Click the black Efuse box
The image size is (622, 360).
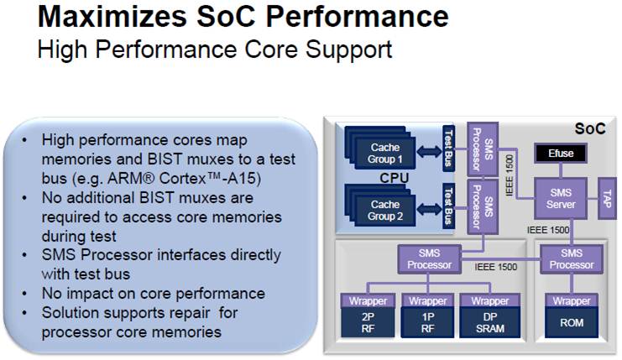click(561, 153)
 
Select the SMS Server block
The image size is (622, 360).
click(561, 199)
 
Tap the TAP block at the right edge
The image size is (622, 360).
click(607, 199)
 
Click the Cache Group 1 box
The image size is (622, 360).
click(384, 154)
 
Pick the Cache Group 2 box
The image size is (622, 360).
click(384, 211)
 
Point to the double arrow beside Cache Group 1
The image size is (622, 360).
click(429, 152)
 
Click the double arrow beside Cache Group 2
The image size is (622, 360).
click(429, 209)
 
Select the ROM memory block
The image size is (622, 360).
click(572, 323)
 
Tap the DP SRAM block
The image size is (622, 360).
click(490, 323)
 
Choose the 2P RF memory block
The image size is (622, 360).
click(368, 323)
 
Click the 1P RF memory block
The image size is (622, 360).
click(427, 323)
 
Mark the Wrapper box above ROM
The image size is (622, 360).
click(572, 301)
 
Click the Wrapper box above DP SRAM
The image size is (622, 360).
click(490, 301)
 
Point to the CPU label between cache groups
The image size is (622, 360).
click(394, 178)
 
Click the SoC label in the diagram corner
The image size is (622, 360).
click(590, 128)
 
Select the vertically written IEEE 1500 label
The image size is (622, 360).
click(510, 175)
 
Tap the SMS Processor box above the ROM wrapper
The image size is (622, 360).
click(572, 259)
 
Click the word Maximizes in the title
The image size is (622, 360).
click(112, 17)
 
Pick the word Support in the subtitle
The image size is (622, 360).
click(348, 50)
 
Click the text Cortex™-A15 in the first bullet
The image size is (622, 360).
click(210, 179)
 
